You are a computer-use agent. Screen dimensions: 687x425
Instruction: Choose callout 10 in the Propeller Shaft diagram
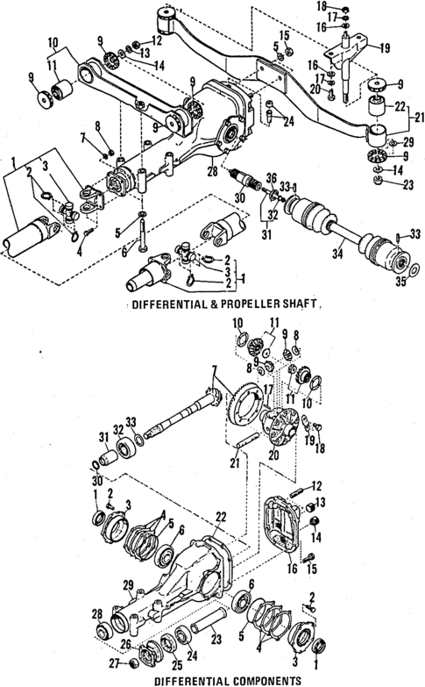click(53, 40)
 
